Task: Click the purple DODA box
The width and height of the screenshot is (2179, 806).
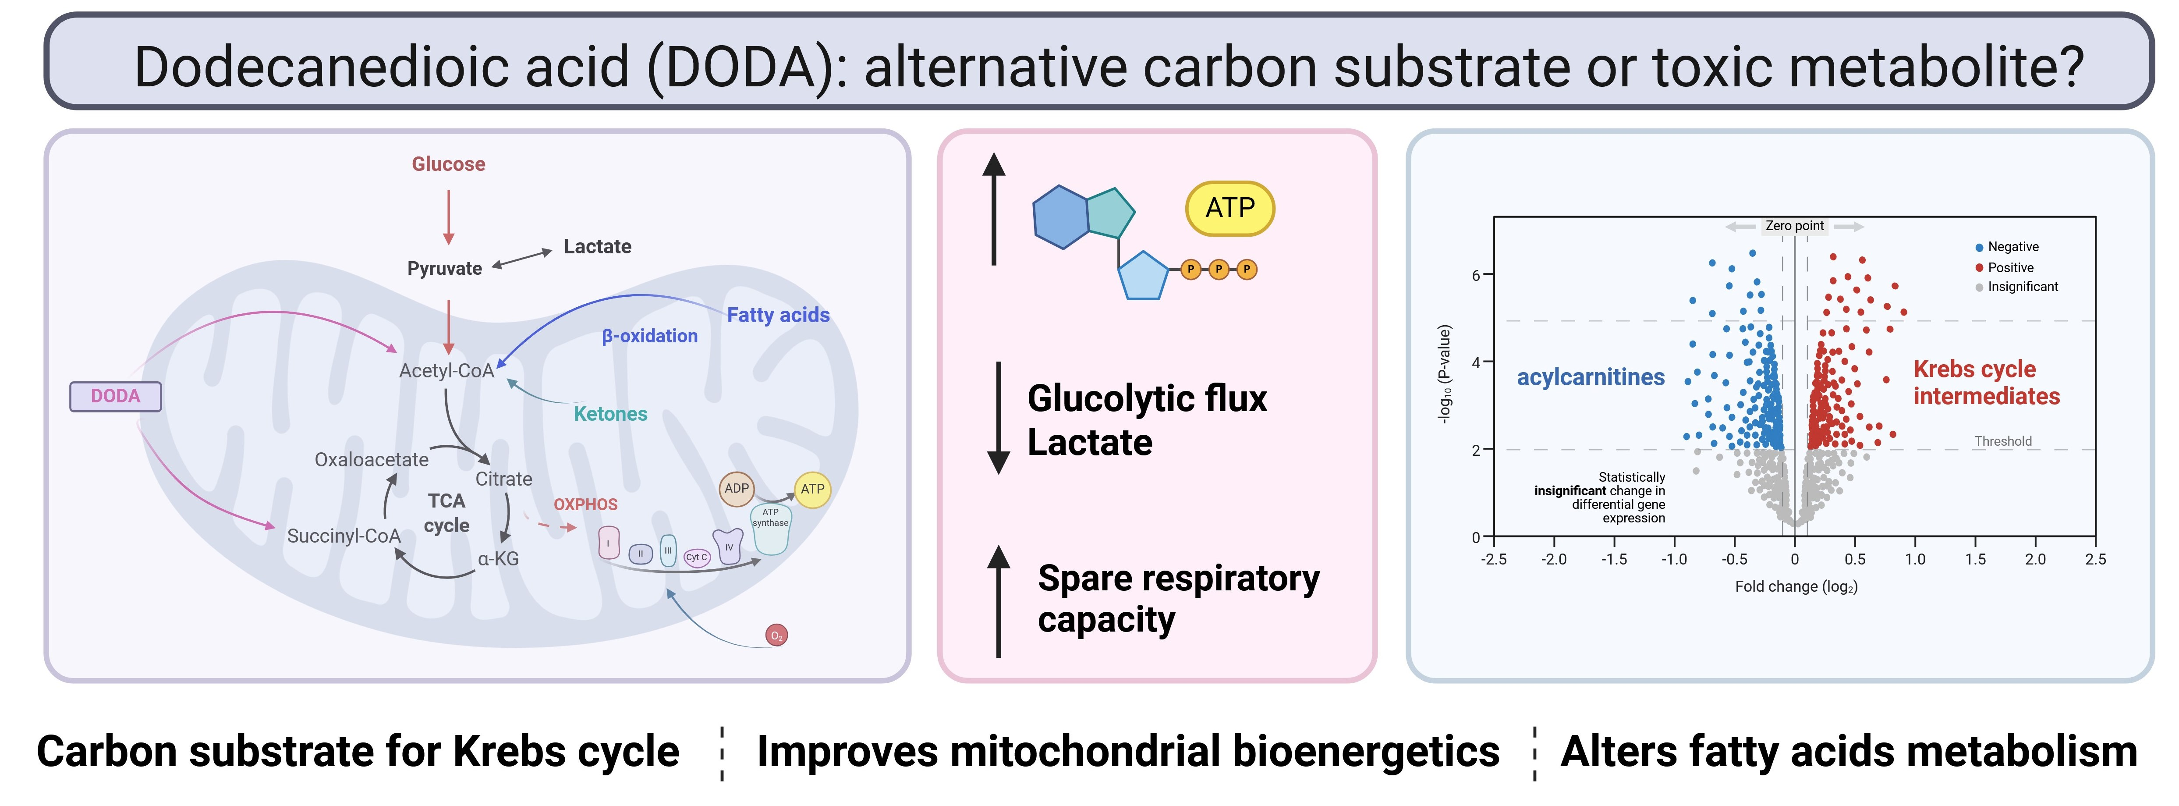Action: click(x=115, y=396)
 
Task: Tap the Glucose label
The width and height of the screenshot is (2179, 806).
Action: click(x=448, y=164)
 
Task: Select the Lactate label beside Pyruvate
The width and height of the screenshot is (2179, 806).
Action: click(x=597, y=246)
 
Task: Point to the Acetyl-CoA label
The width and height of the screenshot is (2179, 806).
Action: click(x=446, y=370)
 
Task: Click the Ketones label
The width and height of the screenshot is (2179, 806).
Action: click(x=610, y=414)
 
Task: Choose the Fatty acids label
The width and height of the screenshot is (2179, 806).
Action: click(x=778, y=315)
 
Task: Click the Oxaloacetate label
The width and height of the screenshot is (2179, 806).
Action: click(x=371, y=459)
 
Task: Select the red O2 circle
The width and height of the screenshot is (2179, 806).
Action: click(x=776, y=635)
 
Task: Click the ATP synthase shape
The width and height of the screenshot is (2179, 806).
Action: click(x=771, y=529)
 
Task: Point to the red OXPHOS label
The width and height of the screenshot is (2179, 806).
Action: click(x=585, y=504)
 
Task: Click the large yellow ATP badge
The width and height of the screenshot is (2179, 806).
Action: click(x=1230, y=208)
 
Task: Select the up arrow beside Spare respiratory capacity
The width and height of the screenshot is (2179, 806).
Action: click(x=999, y=600)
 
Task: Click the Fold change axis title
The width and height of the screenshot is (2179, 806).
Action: click(x=1796, y=586)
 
